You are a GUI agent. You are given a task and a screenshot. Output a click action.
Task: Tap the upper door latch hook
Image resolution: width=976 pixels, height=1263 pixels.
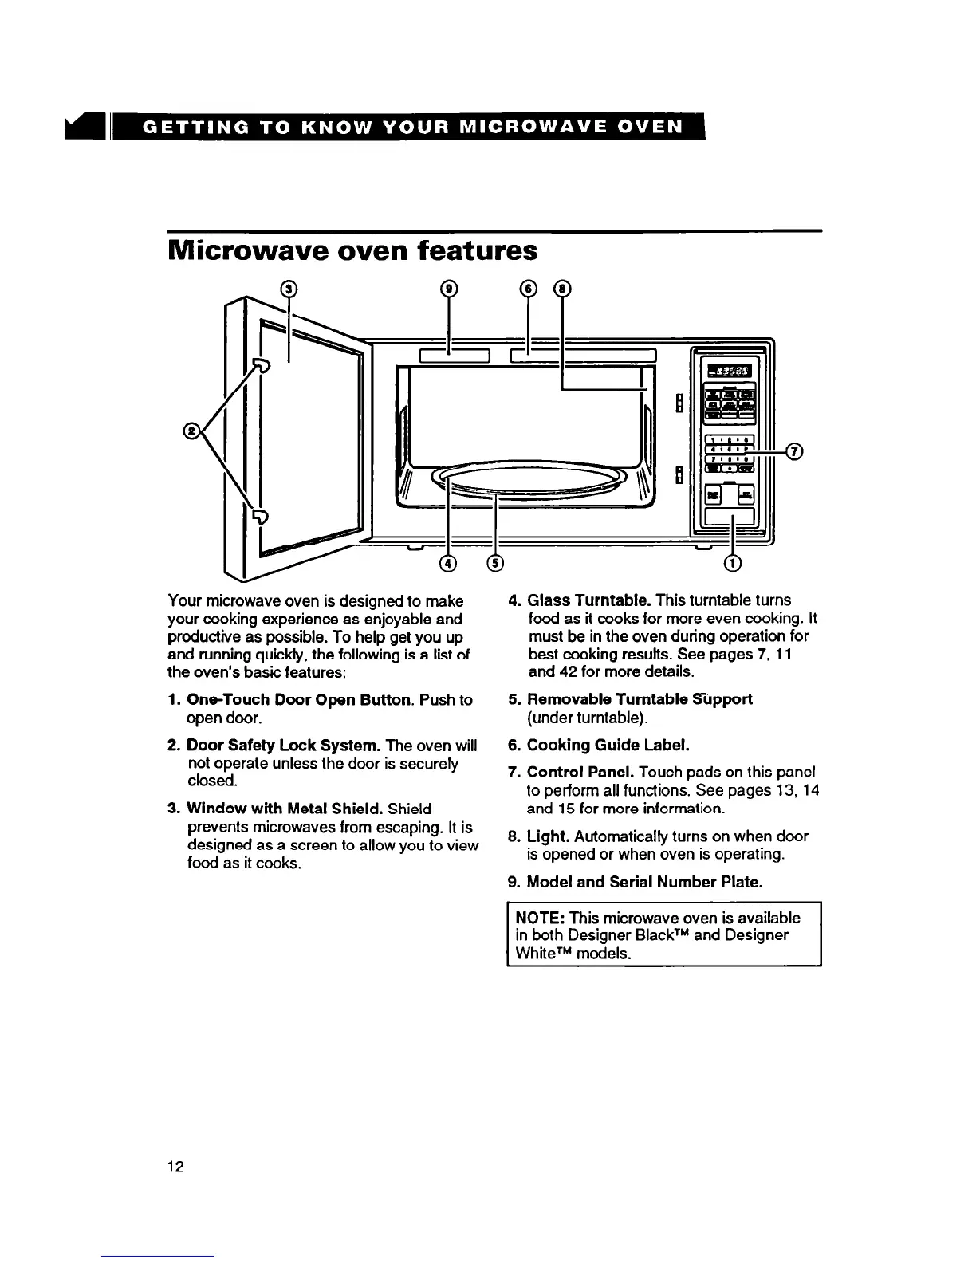[x=260, y=366]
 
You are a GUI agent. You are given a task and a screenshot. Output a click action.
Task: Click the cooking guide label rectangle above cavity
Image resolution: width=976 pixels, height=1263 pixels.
[x=582, y=355]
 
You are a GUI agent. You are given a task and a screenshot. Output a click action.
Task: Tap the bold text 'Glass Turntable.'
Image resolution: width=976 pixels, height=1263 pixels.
[x=591, y=600]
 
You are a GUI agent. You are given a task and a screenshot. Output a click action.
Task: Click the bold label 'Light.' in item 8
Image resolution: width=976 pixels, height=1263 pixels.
[x=548, y=836]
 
